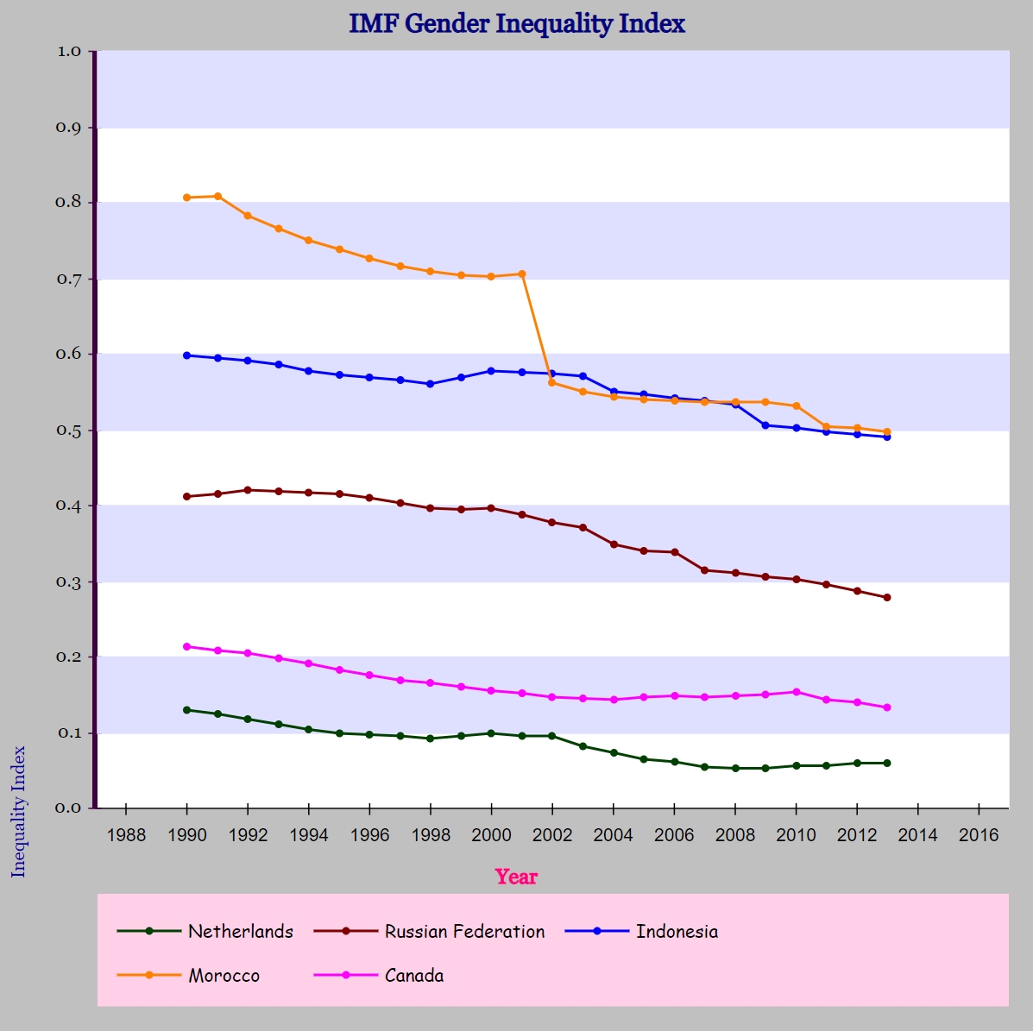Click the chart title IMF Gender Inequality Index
tap(517, 23)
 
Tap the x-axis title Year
tap(516, 877)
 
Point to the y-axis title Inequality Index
tap(18, 812)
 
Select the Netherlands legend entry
tap(205, 931)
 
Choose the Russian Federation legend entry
tap(430, 931)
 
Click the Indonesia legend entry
tap(642, 931)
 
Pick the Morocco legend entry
tap(188, 975)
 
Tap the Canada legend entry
tap(379, 975)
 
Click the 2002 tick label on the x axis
tap(552, 835)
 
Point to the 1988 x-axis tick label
tap(126, 835)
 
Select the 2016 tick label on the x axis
tap(979, 835)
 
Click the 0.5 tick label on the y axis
tap(68, 431)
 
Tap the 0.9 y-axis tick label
tap(68, 127)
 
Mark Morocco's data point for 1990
tap(187, 198)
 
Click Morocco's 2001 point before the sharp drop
tap(522, 274)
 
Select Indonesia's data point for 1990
tap(187, 355)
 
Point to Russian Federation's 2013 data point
tap(887, 598)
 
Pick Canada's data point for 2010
tap(797, 692)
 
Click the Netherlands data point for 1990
tap(187, 710)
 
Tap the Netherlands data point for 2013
tap(887, 763)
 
